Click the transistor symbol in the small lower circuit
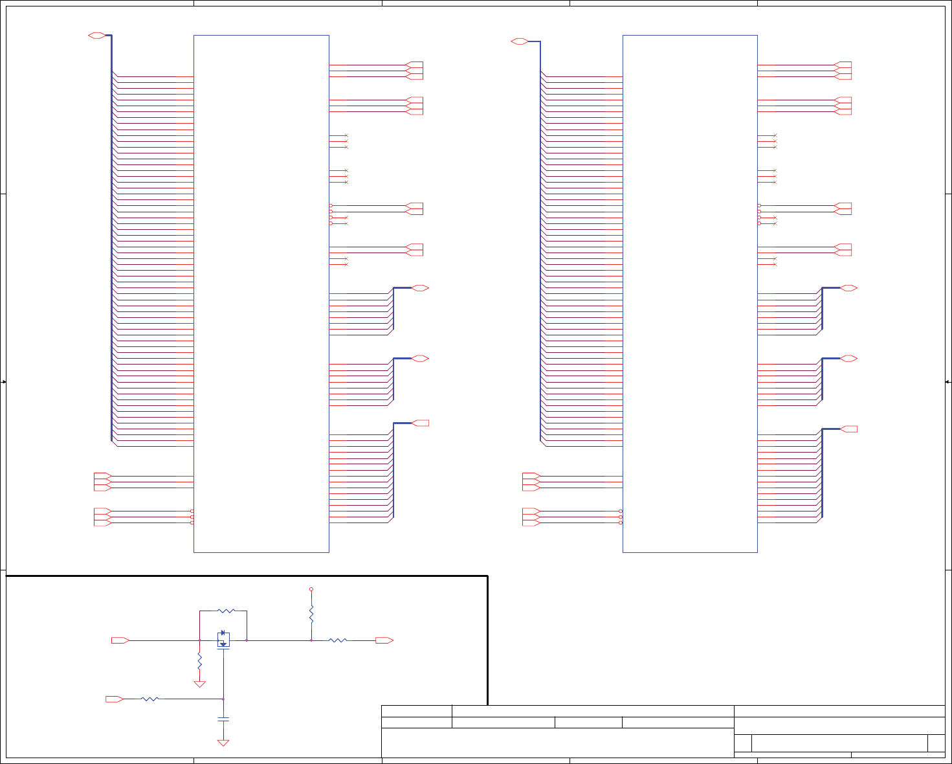223,640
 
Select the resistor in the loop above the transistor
226,611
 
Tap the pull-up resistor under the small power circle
311,613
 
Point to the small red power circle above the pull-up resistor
311,589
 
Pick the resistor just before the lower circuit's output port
338,640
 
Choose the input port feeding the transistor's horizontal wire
120,640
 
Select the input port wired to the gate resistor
115,699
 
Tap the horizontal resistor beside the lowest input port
149,699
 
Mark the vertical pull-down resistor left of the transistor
199,661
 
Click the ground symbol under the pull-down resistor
199,684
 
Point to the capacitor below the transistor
223,719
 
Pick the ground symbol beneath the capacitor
223,743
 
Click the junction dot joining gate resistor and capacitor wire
223,699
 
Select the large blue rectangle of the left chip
261,293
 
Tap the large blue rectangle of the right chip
690,293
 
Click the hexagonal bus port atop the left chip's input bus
96,36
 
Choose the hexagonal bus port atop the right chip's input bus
519,41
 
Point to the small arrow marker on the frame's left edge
3,382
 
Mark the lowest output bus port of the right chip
848,429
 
